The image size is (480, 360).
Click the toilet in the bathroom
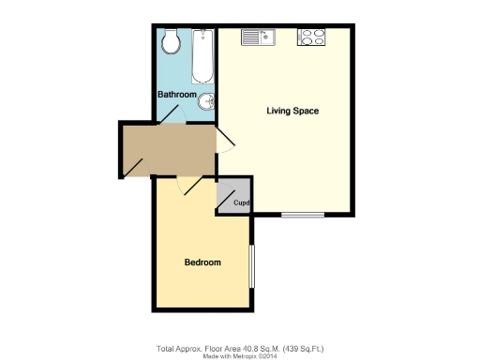171,40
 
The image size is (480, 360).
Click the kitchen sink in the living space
256,37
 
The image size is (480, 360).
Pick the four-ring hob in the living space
311,37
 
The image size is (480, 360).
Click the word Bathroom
176,95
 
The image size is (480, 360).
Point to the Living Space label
292,111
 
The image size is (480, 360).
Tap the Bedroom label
202,262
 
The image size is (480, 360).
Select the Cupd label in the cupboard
241,203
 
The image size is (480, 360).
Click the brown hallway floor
169,150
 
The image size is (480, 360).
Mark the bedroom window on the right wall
251,267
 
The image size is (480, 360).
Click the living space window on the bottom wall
303,216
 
